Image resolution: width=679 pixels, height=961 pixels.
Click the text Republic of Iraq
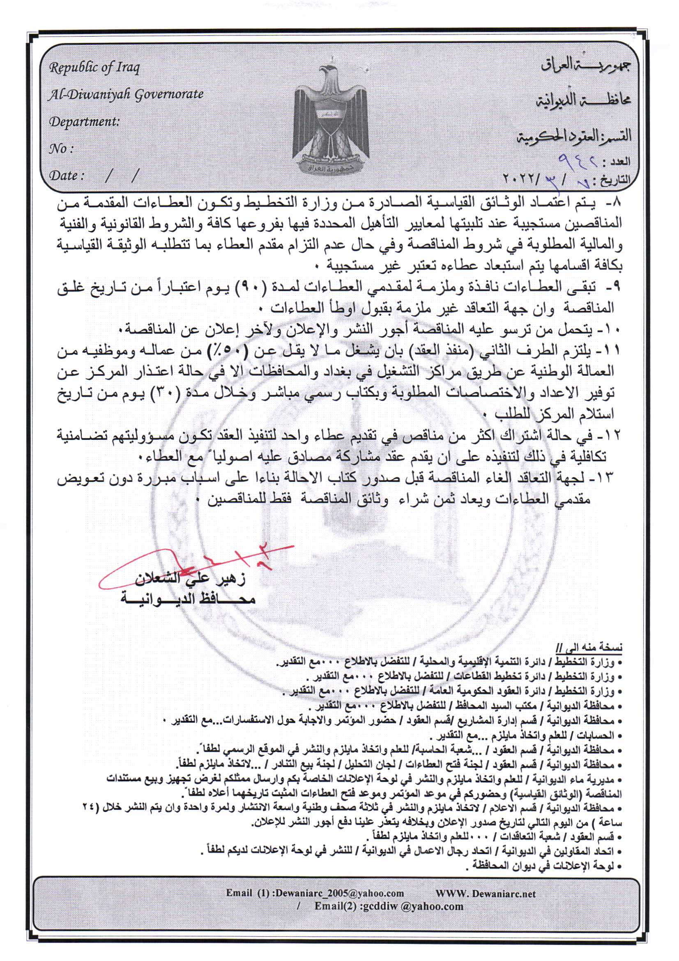[x=94, y=67]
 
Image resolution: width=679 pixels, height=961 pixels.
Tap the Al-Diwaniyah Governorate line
[x=126, y=95]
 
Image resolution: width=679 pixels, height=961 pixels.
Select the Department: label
[x=85, y=122]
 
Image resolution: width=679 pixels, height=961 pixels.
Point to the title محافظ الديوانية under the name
[x=188, y=598]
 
